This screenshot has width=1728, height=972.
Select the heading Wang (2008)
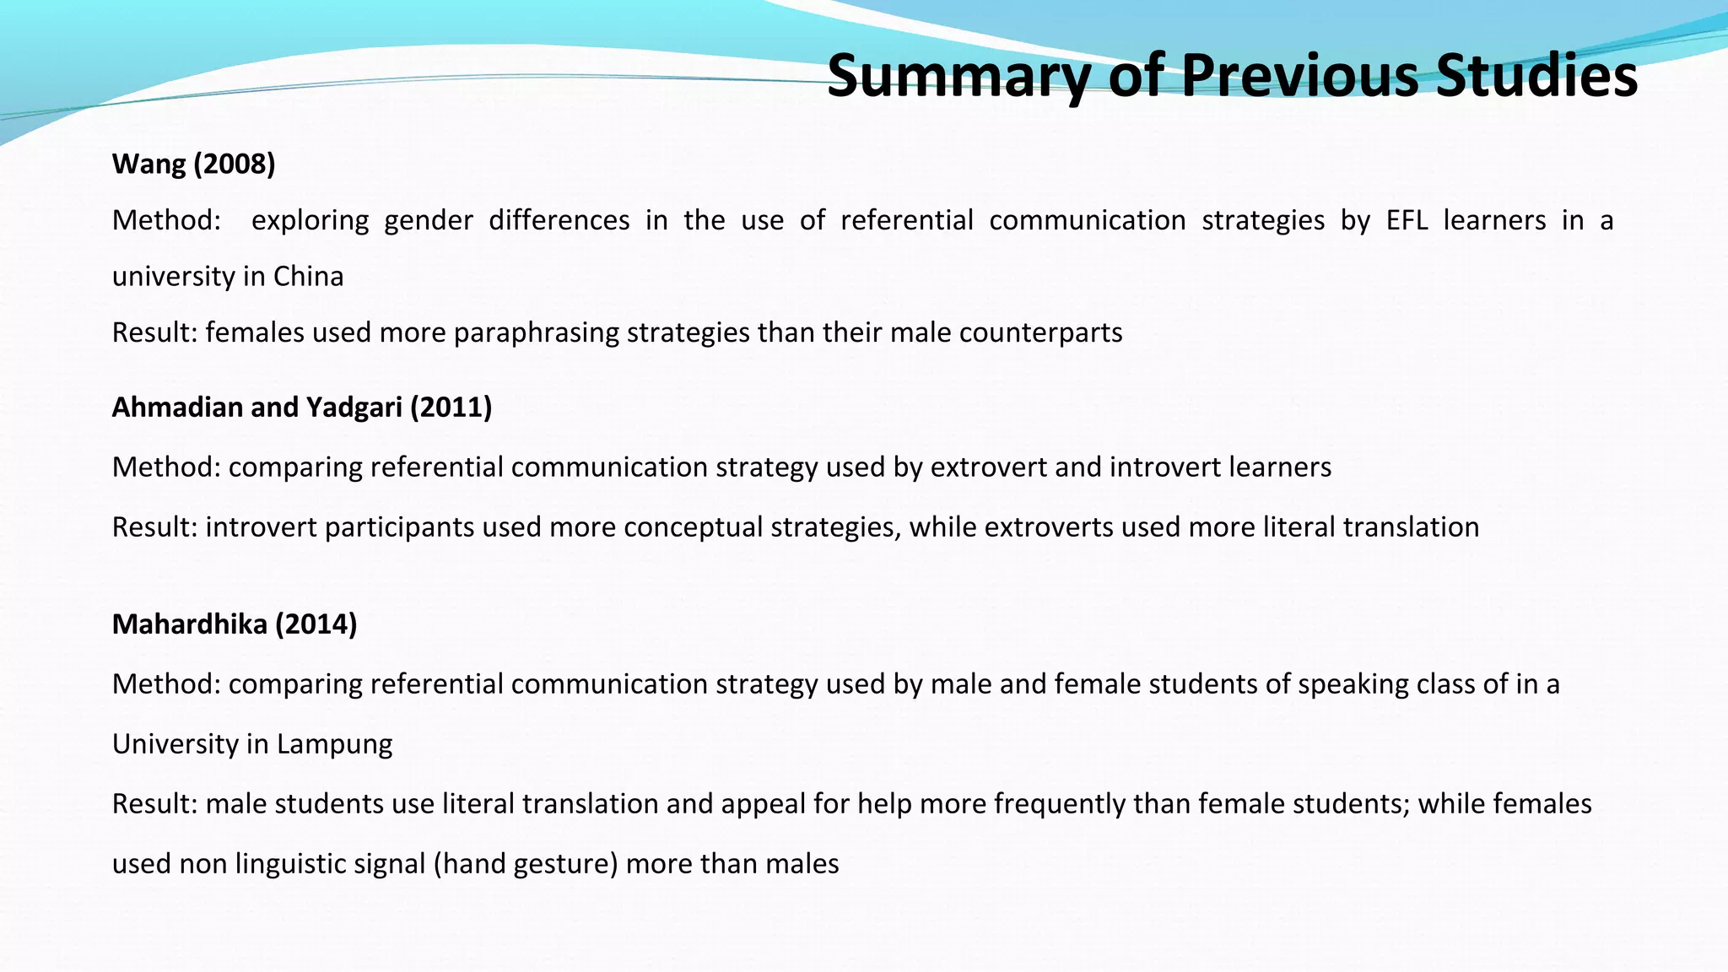194,164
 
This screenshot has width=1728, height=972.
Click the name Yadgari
354,408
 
